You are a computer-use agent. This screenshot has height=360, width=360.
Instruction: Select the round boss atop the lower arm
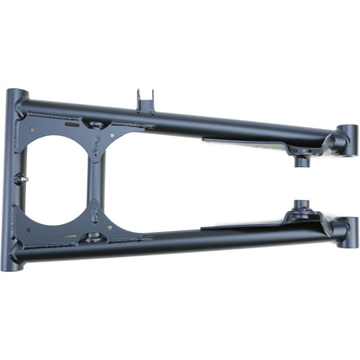(300, 209)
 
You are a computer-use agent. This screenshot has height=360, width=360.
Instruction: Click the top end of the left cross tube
(16, 97)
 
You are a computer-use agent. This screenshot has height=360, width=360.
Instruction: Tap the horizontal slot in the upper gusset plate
(70, 125)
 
